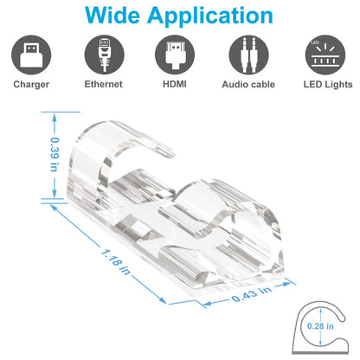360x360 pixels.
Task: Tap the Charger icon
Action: coord(30,57)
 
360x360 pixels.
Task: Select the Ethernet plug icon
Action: coord(102,57)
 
